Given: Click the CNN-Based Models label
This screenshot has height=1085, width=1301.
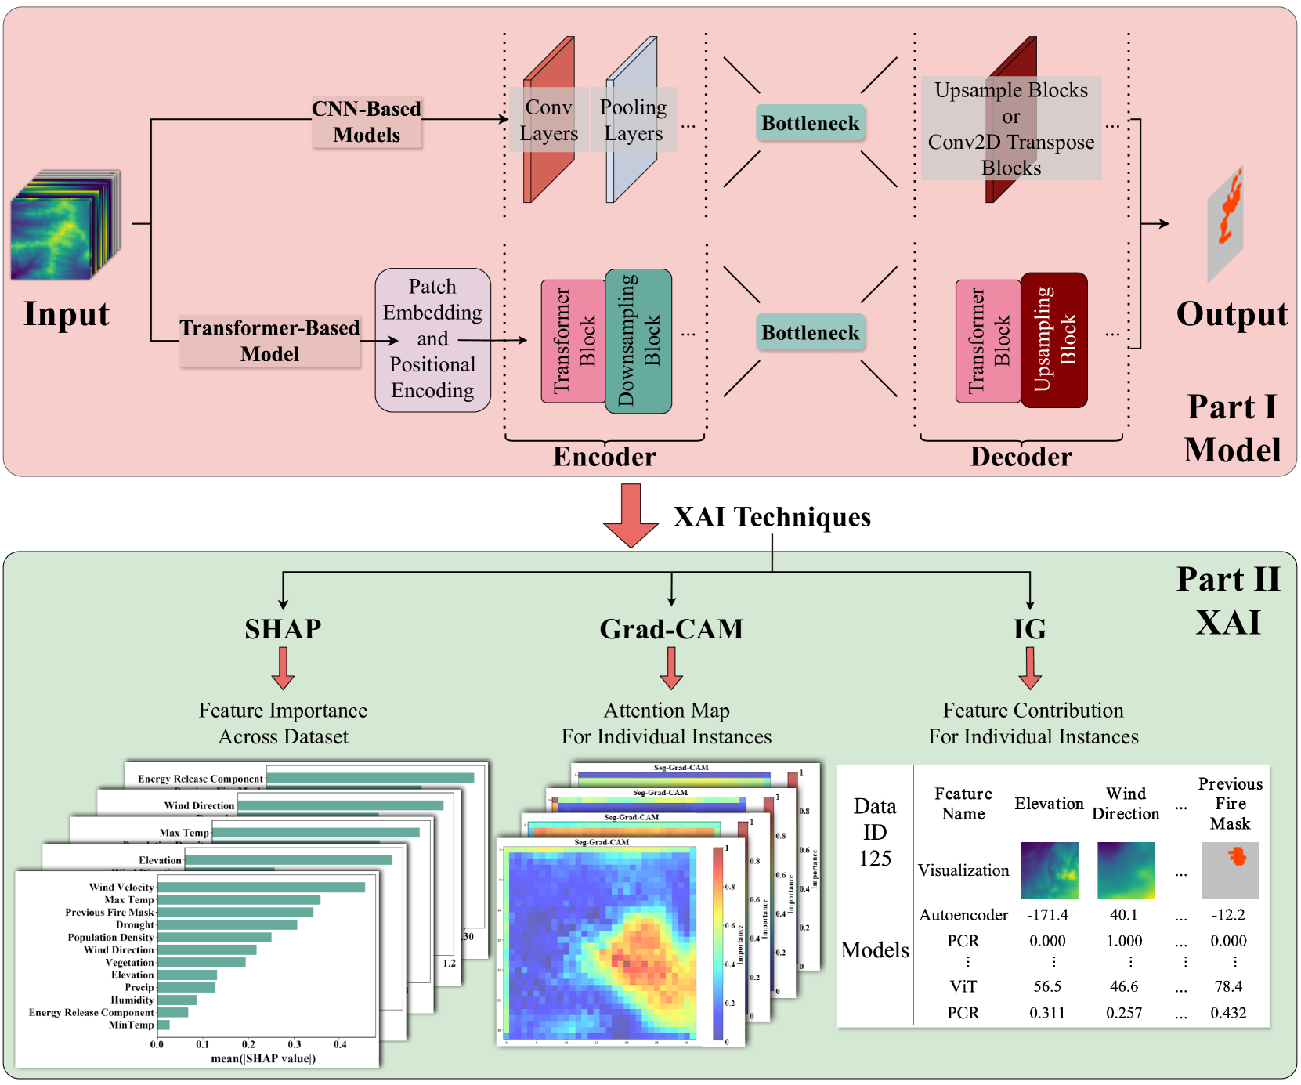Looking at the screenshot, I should [x=367, y=121].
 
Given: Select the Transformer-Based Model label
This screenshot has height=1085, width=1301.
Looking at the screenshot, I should [x=269, y=341].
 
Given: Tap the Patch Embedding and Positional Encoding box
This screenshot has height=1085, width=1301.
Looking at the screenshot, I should [x=432, y=339].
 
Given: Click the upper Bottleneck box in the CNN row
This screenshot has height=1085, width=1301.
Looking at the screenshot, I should [x=810, y=123].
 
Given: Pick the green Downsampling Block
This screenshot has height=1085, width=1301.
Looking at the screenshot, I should [x=638, y=341].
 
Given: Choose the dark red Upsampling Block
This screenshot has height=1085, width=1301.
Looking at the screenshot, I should [x=1054, y=340].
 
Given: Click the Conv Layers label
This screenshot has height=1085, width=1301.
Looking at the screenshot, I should [x=548, y=120].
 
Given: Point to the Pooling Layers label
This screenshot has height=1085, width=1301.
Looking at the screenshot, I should [x=633, y=120].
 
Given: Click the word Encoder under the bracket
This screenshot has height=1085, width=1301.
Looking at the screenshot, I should [x=604, y=457].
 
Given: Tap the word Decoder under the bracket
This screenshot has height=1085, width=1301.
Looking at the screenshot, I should [x=1021, y=457].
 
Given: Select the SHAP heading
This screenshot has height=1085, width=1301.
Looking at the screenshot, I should [x=283, y=629].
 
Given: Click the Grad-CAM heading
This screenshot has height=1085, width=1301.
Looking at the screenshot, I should [x=671, y=629].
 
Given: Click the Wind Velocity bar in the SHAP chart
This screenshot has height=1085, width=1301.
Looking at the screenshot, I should [x=261, y=887].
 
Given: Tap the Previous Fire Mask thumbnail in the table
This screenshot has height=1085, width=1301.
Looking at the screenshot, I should [x=1230, y=870].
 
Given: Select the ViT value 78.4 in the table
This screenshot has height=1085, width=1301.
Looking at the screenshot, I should [x=1228, y=986].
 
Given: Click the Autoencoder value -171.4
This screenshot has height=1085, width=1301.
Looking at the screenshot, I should [x=1047, y=915].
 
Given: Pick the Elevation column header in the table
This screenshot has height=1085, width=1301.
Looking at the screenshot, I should [x=1049, y=804].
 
